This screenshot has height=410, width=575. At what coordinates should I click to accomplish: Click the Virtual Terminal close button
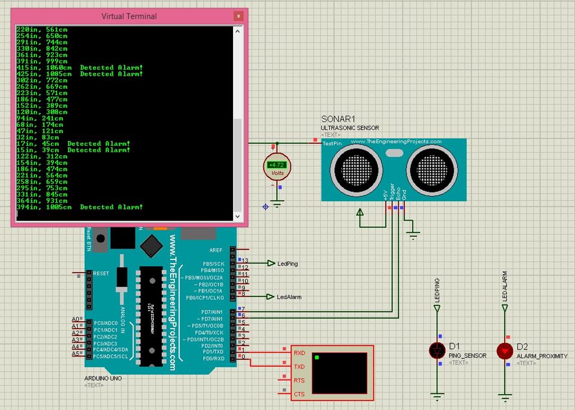(x=239, y=16)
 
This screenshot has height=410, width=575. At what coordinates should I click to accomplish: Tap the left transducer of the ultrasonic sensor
(x=357, y=167)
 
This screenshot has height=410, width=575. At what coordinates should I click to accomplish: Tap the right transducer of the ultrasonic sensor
(x=432, y=167)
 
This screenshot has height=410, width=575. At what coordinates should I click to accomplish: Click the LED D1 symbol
(x=437, y=351)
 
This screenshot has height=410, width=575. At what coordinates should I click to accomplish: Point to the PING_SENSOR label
(x=467, y=356)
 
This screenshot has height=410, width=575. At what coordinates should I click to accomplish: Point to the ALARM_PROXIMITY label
(x=542, y=356)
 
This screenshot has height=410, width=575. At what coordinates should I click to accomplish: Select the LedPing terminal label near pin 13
(x=287, y=263)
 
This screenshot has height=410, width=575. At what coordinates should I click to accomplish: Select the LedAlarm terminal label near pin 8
(x=289, y=297)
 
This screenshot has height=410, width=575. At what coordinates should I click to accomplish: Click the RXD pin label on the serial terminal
(x=299, y=353)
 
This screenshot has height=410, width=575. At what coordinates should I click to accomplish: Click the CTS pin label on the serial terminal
(x=299, y=394)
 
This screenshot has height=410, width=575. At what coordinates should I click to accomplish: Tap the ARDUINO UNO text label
(x=103, y=379)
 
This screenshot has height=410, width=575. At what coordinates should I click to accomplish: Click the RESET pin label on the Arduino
(x=101, y=274)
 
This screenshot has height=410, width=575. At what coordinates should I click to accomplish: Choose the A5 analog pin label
(x=75, y=354)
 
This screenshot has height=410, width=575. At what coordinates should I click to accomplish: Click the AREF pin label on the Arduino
(x=216, y=250)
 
